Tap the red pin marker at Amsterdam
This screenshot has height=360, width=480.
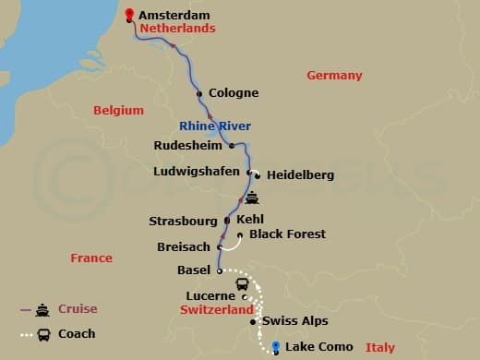[x=128, y=14]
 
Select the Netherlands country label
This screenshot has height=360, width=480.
[x=177, y=29]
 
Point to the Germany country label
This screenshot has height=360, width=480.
[x=334, y=76]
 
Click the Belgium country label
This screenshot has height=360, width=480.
[x=118, y=111]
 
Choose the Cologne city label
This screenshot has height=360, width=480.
[x=234, y=93]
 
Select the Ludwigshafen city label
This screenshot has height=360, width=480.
[x=197, y=171]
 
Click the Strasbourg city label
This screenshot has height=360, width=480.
[x=183, y=222]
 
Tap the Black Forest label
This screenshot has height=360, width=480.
[x=287, y=234]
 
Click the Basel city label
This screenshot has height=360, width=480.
[x=194, y=270]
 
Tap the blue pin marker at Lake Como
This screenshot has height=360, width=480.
[x=276, y=345]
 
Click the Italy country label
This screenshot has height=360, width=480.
[x=379, y=348]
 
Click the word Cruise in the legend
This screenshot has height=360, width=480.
[x=78, y=309]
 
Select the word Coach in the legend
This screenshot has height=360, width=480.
[x=77, y=334]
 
